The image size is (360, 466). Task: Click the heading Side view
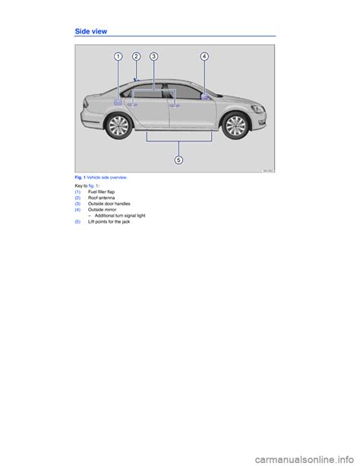coord(91,31)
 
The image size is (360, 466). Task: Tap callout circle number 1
coord(119,56)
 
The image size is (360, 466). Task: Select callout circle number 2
coord(136,56)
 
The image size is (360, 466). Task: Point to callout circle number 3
coord(153,56)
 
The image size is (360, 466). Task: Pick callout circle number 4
coord(205,56)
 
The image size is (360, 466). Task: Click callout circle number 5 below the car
coord(178,160)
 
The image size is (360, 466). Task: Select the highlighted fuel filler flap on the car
coord(118,100)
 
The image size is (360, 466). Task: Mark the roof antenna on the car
coord(135,78)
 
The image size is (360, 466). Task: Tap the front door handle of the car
coord(174,106)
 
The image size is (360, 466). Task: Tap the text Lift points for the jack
coord(109,222)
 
